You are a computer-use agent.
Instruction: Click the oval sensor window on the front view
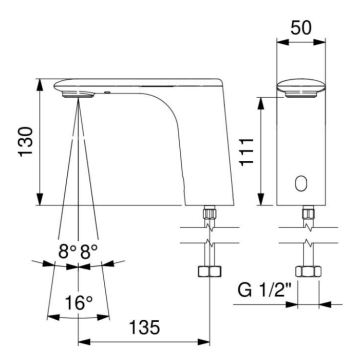[x=300, y=184]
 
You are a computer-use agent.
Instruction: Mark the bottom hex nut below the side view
[x=208, y=275]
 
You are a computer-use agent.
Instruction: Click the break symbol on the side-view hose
[x=208, y=243]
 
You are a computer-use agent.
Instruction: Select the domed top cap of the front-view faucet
[x=300, y=86]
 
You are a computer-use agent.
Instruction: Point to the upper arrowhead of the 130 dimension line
[x=40, y=84]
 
